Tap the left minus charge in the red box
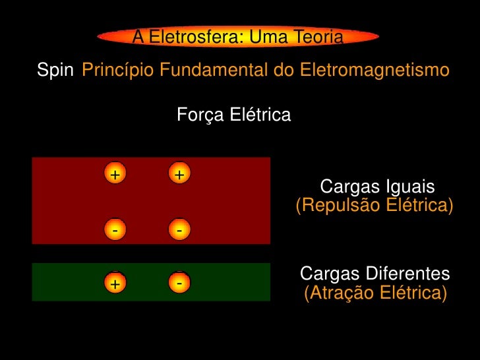(x=115, y=230)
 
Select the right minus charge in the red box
(x=179, y=230)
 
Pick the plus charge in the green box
(x=115, y=284)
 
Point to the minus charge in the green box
(x=179, y=282)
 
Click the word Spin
(x=55, y=70)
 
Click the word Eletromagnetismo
(x=375, y=70)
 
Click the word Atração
(x=338, y=293)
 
